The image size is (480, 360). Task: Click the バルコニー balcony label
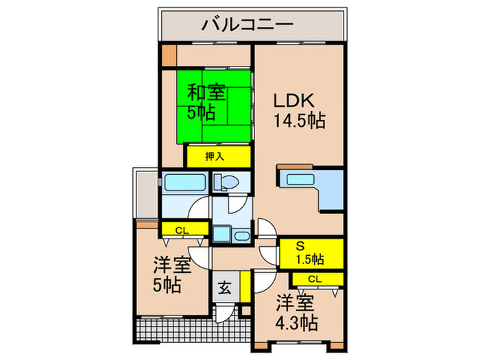[x=248, y=25]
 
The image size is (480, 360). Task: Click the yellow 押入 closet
[x=217, y=156]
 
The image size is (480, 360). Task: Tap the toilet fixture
[x=226, y=182]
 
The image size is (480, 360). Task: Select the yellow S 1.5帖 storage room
[x=309, y=252]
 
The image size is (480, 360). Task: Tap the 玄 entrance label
[x=225, y=288]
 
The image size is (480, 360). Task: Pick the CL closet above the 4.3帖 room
[x=315, y=278]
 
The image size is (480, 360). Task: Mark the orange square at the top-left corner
[x=168, y=54]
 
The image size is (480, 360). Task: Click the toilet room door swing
[x=235, y=204]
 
